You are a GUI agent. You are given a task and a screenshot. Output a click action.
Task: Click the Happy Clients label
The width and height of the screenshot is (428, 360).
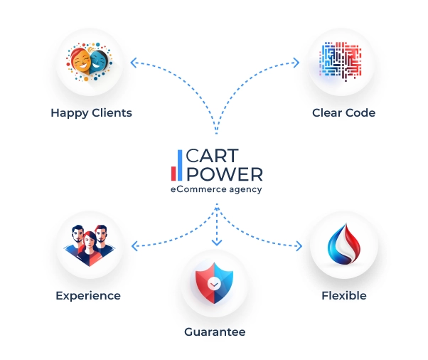point(91,113)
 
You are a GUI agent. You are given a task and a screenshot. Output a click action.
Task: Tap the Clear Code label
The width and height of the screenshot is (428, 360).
point(343,112)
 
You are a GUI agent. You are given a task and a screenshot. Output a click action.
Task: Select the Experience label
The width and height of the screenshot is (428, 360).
point(88,296)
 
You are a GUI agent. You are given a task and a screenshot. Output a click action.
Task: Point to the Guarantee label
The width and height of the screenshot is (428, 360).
point(215,332)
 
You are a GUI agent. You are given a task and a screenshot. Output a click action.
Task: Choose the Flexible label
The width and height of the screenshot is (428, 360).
point(344,295)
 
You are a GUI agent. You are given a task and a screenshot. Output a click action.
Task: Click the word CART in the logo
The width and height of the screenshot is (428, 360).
point(212,156)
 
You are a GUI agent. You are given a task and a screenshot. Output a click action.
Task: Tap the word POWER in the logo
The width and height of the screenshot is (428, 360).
point(225,174)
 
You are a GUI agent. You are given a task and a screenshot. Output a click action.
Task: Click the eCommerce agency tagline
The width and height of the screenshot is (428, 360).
point(216,189)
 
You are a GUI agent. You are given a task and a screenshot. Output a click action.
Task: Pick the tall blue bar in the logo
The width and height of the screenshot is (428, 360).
point(180,165)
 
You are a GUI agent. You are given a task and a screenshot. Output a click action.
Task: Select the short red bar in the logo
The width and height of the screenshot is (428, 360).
point(173,174)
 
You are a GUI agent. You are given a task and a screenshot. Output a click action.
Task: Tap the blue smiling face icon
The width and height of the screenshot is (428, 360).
point(98,61)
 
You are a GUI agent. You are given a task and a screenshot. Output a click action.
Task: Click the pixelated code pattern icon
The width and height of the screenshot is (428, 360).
point(341,61)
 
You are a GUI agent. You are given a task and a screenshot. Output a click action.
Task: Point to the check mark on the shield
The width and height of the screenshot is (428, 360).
point(214,285)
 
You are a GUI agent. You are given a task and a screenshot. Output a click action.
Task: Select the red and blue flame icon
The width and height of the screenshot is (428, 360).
point(344,244)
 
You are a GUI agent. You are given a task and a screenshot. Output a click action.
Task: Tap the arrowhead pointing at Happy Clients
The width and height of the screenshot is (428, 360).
point(134,63)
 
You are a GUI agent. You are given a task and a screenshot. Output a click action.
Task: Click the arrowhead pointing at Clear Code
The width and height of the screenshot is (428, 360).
point(296,63)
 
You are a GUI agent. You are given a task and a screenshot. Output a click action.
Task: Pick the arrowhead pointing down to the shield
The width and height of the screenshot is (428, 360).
point(217,243)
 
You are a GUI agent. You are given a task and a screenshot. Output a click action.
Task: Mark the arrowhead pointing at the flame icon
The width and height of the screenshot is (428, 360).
point(299,246)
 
